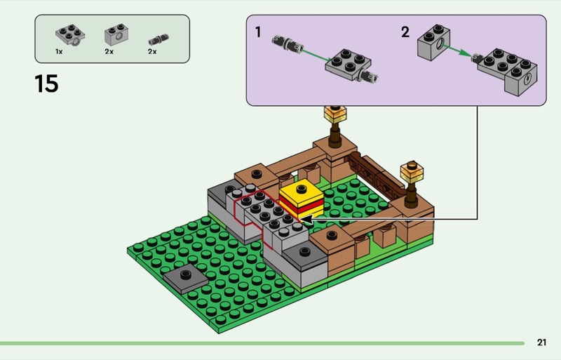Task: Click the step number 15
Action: point(46,84)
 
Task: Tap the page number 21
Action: point(541,342)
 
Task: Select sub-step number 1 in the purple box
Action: point(258,32)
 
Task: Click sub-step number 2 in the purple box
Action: point(405,32)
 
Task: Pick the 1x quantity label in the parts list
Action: point(59,52)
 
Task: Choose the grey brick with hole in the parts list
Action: point(116,35)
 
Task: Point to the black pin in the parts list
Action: point(158,39)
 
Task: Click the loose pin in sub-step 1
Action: point(288,44)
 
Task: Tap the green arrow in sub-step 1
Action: point(317,55)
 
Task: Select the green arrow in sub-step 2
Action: point(456,50)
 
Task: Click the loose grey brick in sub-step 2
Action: point(433,43)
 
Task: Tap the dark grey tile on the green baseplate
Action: point(185,279)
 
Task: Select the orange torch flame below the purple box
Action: point(335,114)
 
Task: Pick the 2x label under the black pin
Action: point(152,52)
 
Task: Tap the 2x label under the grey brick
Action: point(109,52)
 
